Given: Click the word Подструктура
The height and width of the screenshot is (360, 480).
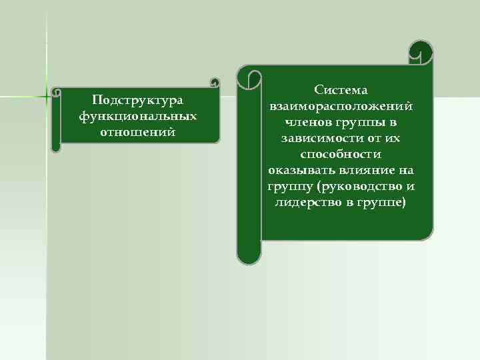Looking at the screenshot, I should pyautogui.click(x=138, y=100).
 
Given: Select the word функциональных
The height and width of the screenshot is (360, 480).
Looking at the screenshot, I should pyautogui.click(x=138, y=115).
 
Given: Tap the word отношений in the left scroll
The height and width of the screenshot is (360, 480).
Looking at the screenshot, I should pyautogui.click(x=138, y=131).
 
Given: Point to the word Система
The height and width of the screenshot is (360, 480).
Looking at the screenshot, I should pyautogui.click(x=341, y=90).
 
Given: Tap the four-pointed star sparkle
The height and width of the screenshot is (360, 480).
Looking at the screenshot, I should pyautogui.click(x=47, y=95).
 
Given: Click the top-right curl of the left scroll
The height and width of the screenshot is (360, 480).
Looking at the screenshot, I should pyautogui.click(x=214, y=83).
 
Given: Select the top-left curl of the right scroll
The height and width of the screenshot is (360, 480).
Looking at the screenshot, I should pyautogui.click(x=249, y=79).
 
